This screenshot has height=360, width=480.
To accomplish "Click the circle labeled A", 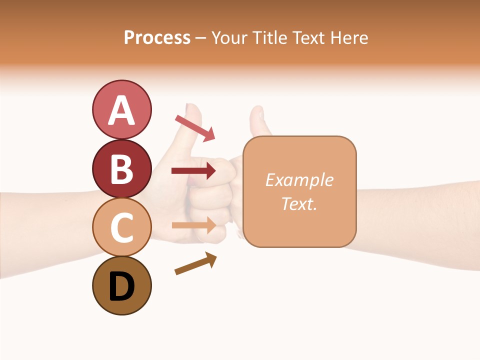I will pyautogui.click(x=121, y=109).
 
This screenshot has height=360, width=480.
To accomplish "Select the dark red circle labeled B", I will pyautogui.click(x=121, y=168).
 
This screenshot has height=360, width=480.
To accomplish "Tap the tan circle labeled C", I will pyautogui.click(x=121, y=227).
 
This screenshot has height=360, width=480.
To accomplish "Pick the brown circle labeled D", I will pyautogui.click(x=121, y=285).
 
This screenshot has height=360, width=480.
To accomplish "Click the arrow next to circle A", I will pyautogui.click(x=195, y=128).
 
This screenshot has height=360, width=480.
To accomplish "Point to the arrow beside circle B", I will pyautogui.click(x=193, y=171).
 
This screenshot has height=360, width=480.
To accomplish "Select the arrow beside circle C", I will pyautogui.click(x=193, y=225).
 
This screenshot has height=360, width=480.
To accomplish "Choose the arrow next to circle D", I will pyautogui.click(x=195, y=263).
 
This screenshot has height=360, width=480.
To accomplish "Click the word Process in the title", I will pyautogui.click(x=157, y=37).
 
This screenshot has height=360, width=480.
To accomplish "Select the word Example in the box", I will pyautogui.click(x=299, y=180).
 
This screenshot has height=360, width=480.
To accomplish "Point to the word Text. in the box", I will pyautogui.click(x=299, y=203).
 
